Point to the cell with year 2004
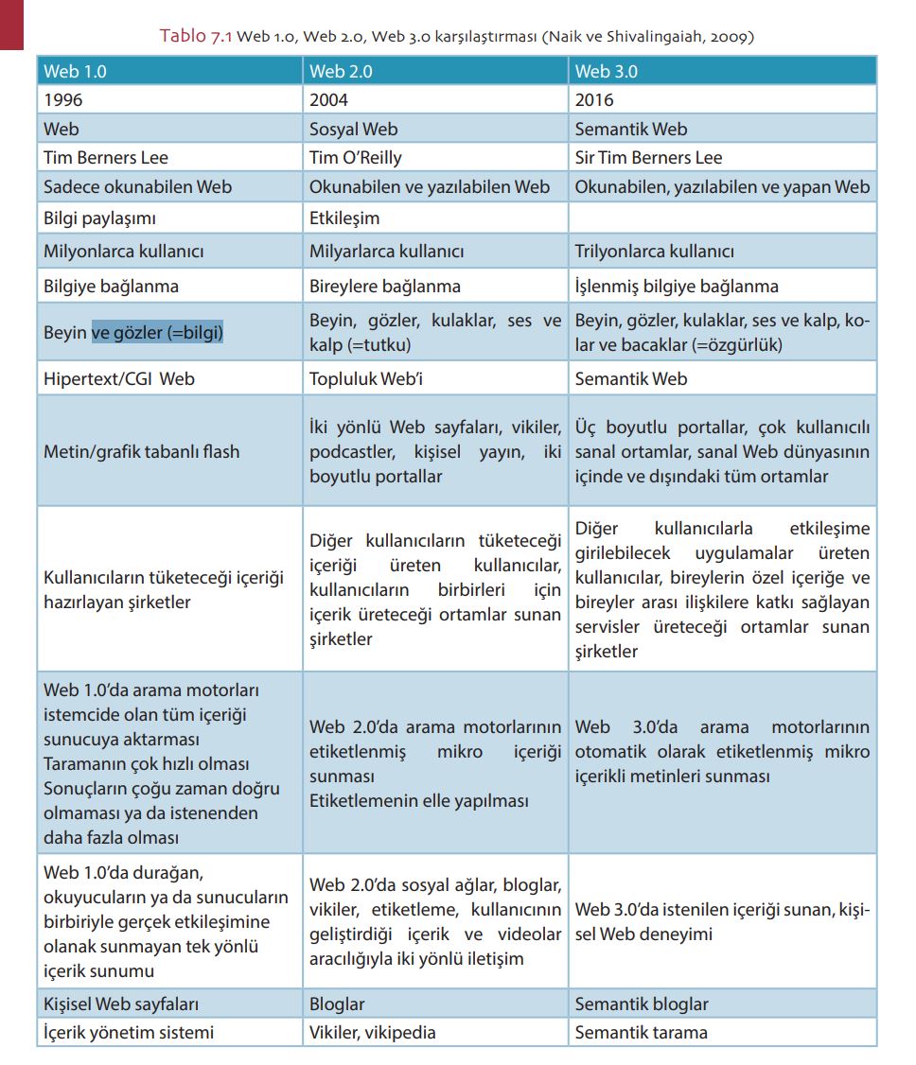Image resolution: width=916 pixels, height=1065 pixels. pyautogui.click(x=329, y=99)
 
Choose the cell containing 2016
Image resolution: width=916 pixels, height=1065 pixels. pyautogui.click(x=595, y=99)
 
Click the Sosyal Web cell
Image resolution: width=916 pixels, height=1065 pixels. pyautogui.click(x=354, y=129)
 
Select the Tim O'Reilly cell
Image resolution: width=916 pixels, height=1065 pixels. pyautogui.click(x=356, y=157)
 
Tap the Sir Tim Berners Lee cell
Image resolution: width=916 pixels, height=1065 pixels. pyautogui.click(x=648, y=157)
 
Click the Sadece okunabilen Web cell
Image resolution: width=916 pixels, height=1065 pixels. pyautogui.click(x=137, y=186)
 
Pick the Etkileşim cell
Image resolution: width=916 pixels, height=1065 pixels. pyautogui.click(x=344, y=218)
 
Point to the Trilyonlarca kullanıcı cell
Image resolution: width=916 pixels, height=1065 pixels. pyautogui.click(x=655, y=252)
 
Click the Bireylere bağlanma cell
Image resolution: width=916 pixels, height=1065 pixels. pyautogui.click(x=385, y=286)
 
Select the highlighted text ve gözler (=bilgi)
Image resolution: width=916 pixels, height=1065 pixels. pyautogui.click(x=157, y=332)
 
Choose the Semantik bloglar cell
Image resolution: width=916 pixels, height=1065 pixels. pyautogui.click(x=642, y=1004)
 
